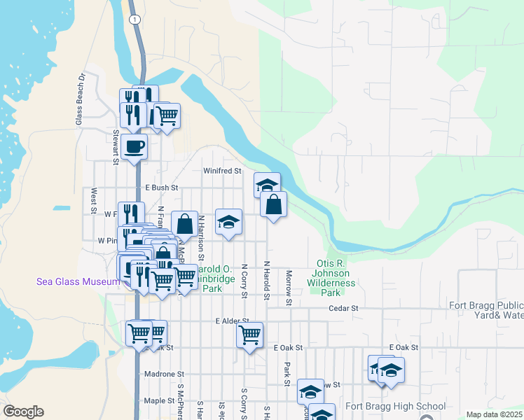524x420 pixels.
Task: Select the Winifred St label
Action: click(x=222, y=171)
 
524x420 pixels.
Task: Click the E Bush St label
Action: click(x=162, y=188)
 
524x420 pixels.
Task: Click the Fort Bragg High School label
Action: click(x=395, y=406)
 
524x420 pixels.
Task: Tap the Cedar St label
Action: click(x=344, y=308)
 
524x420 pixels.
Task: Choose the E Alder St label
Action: click(x=233, y=321)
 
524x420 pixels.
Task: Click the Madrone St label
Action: click(x=163, y=374)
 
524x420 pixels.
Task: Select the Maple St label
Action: click(x=159, y=400)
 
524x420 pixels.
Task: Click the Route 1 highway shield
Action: click(x=133, y=20)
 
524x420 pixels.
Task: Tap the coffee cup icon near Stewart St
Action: click(x=134, y=147)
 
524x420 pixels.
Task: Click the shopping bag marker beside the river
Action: click(x=273, y=204)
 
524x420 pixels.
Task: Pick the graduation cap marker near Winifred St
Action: click(x=266, y=185)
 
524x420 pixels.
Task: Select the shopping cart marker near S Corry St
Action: click(x=249, y=335)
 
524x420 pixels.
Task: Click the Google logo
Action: click(x=23, y=412)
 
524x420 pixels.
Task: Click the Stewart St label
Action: click(x=116, y=143)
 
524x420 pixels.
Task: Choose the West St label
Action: click(x=92, y=201)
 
